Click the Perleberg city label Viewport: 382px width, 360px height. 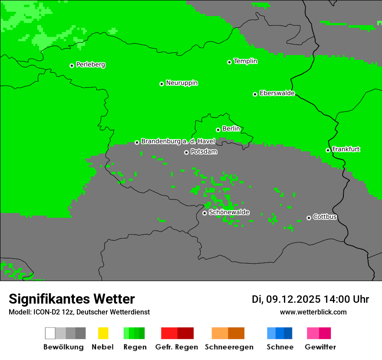pyautogui.click(x=90, y=65)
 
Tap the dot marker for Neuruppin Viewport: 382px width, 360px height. pyautogui.click(x=161, y=84)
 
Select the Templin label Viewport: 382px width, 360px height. pyautogui.click(x=245, y=61)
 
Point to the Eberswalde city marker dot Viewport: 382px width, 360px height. pyautogui.click(x=255, y=94)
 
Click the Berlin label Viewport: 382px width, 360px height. pyautogui.click(x=231, y=129)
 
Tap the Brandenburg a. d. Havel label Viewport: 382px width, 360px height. pyautogui.click(x=178, y=141)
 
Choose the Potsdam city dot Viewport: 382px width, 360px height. pyautogui.click(x=186, y=152)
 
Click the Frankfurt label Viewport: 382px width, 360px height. pyautogui.click(x=346, y=149)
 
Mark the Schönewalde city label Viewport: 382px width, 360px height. pyautogui.click(x=229, y=212)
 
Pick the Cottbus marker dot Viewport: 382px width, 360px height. pyautogui.click(x=309, y=218)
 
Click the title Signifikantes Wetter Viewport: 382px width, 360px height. pyautogui.click(x=72, y=299)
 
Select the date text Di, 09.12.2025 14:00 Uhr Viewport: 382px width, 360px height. pyautogui.click(x=310, y=299)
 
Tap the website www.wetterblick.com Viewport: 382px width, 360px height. pyautogui.click(x=313, y=312)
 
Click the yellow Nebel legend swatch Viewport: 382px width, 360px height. pyautogui.click(x=103, y=333)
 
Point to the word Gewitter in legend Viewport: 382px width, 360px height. pyautogui.click(x=320, y=347)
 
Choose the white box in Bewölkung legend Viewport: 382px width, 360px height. pyautogui.click(x=50, y=333)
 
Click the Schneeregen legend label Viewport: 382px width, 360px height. pyautogui.click(x=229, y=347)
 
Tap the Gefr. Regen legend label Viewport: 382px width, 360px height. pyautogui.click(x=176, y=347)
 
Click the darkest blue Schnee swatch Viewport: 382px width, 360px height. pyautogui.click(x=288, y=333)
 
